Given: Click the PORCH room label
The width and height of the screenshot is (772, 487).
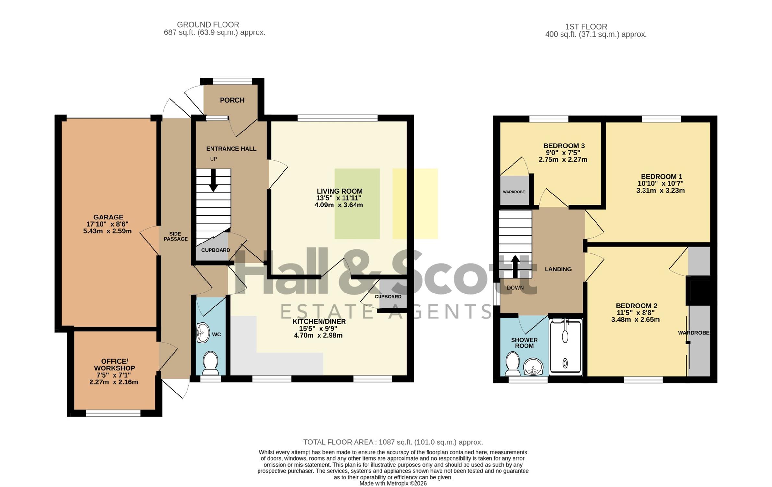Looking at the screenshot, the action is point(232,100).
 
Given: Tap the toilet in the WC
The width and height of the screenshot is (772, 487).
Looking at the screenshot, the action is point(211,363).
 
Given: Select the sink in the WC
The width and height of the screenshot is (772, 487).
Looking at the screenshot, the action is point(203,332).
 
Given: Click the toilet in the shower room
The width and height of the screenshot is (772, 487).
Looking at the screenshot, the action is point(513,364).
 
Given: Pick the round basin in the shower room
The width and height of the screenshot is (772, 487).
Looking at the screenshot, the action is point(533,367).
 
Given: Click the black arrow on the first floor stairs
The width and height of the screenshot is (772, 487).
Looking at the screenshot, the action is point(515,267).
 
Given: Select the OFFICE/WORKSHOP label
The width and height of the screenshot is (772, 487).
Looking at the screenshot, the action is point(115,365).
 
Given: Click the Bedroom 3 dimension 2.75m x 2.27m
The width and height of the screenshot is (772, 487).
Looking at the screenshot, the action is point(563,160).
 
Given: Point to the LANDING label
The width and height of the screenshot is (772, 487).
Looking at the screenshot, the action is point(558,269).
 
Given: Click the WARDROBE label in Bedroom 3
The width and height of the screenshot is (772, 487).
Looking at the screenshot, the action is point(514,192).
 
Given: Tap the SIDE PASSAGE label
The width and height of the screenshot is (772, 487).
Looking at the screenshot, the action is point(175,236).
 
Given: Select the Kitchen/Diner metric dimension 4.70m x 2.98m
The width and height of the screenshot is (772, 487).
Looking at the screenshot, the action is point(318,335).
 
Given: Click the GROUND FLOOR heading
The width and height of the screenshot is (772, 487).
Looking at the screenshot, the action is point(208,25).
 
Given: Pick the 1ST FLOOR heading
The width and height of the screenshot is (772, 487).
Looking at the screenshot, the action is point(586,27).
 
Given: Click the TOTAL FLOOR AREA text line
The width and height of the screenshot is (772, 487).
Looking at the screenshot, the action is point(393,442).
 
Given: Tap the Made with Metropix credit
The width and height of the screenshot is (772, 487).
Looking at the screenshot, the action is point(393,483).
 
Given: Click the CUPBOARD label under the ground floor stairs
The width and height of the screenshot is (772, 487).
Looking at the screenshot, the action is point(216,250).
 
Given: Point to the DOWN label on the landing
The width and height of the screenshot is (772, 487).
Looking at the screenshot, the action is point(515,288).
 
